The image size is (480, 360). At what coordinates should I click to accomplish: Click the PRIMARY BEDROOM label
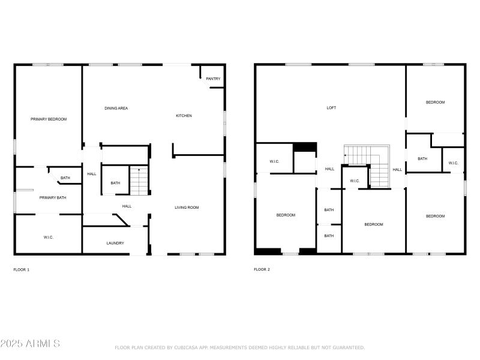click(49, 119)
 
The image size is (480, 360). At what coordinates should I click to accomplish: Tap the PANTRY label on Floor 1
click(213, 79)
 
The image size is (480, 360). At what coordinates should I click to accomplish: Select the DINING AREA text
click(116, 108)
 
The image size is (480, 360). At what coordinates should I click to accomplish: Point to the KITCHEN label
click(184, 116)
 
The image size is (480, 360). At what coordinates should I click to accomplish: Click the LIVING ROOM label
click(187, 208)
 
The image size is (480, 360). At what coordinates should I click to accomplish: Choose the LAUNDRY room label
click(115, 243)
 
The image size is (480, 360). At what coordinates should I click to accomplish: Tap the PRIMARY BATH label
click(53, 197)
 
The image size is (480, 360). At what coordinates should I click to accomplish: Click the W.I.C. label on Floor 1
click(49, 238)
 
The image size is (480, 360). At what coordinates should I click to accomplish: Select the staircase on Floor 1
click(139, 181)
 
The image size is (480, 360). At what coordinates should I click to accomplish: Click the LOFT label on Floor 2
click(331, 108)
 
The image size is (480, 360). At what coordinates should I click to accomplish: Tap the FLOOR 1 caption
click(22, 269)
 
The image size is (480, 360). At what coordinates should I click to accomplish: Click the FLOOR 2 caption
click(262, 269)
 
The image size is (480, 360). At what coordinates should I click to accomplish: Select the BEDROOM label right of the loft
click(435, 102)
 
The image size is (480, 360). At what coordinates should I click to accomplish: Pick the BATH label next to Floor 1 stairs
click(115, 183)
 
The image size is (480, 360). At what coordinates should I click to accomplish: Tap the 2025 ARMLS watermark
click(30, 344)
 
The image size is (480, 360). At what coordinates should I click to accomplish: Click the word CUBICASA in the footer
click(186, 347)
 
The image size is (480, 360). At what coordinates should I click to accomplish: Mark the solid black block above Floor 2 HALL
click(304, 147)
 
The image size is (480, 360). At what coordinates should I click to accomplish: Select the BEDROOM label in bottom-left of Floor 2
click(286, 215)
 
